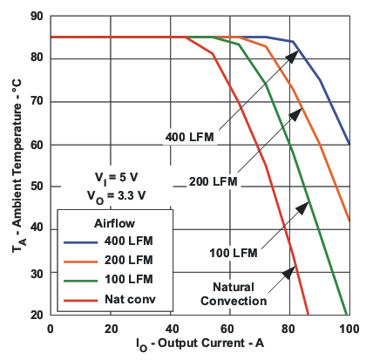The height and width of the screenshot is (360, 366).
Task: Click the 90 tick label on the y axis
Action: tap(37, 16)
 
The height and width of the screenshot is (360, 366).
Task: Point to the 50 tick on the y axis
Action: tap(51, 187)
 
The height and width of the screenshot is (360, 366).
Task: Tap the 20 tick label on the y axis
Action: tap(37, 315)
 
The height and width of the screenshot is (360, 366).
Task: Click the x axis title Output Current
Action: tap(200, 346)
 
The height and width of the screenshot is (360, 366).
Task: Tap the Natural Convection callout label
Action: tap(233, 293)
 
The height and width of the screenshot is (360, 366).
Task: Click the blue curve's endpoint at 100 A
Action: tap(349, 144)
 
